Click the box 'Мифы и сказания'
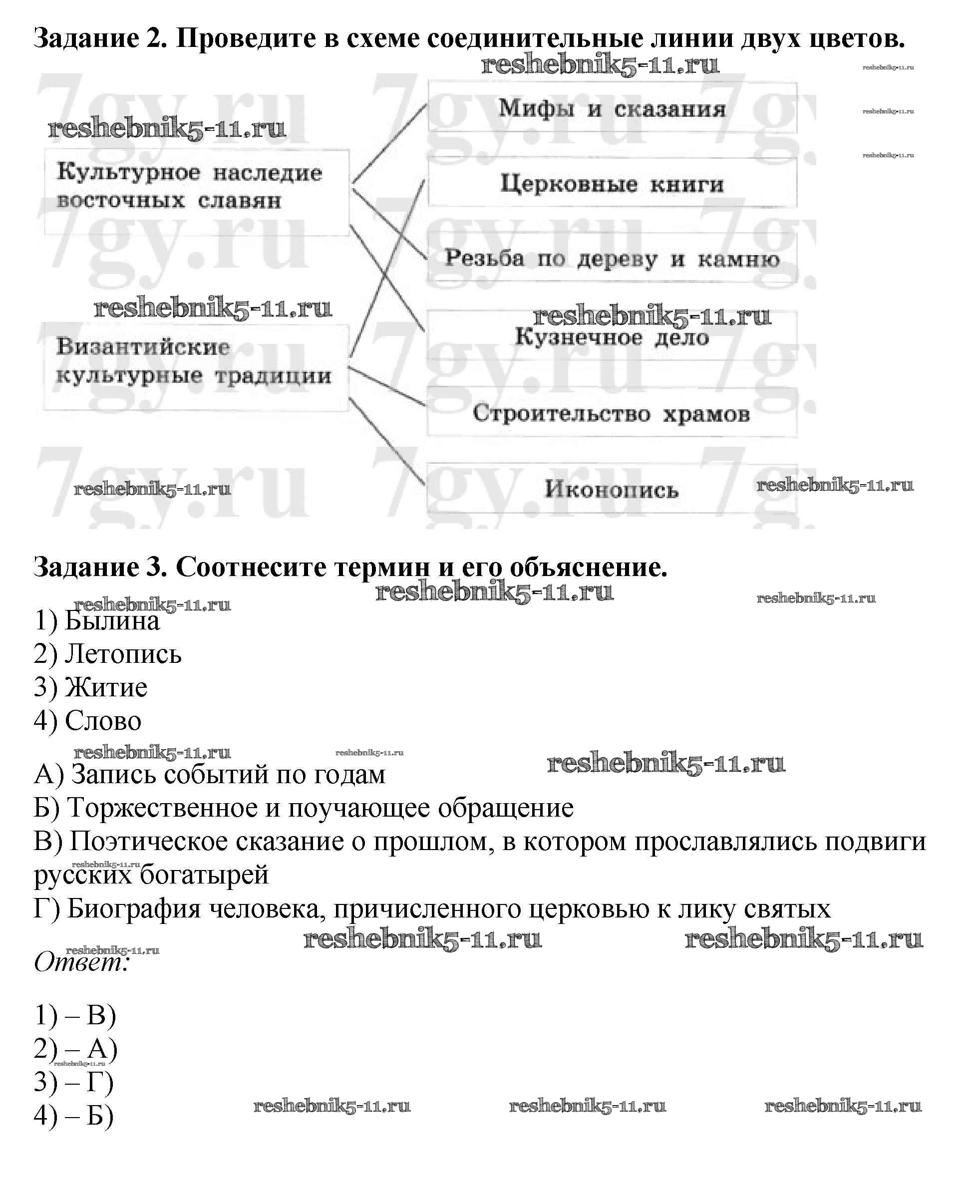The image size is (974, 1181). tap(612, 108)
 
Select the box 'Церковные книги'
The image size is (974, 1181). tap(612, 184)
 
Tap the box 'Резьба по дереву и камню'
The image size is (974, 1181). tap(612, 259)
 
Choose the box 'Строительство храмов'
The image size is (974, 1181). tap(612, 413)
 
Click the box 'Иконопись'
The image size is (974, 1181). tap(612, 489)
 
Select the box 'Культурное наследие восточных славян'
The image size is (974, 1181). tap(196, 191)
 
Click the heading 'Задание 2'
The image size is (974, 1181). tap(101, 38)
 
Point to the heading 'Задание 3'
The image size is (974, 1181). tap(101, 567)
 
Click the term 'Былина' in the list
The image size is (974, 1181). tap(112, 621)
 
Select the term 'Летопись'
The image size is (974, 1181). tap(123, 654)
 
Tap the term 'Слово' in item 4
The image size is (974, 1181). tap(103, 721)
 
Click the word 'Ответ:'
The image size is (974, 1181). tap(82, 963)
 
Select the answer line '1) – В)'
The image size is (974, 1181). tap(75, 1015)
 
